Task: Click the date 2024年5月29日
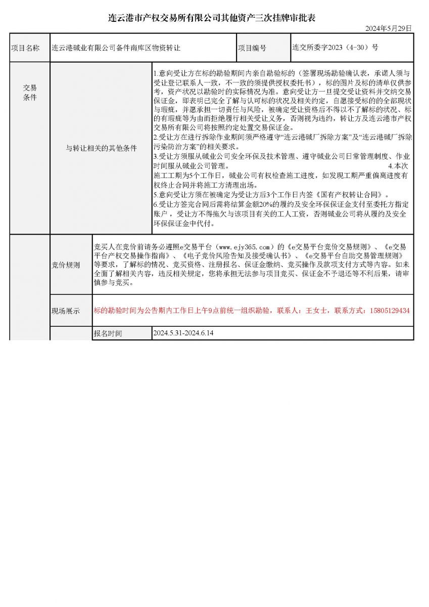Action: click(x=389, y=28)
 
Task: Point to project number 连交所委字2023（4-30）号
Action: click(x=335, y=48)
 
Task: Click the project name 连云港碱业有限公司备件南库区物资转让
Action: click(x=116, y=48)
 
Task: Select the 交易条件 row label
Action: click(x=29, y=93)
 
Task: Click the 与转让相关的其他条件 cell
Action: click(x=102, y=148)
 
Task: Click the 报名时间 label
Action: click(x=108, y=334)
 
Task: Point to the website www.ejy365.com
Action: click(x=247, y=247)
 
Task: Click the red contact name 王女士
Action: click(x=317, y=310)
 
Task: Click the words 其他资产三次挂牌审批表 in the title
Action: click(x=267, y=18)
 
